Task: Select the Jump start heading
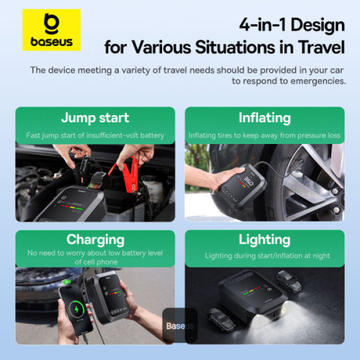tap(95, 118)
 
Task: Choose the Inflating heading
tap(264, 118)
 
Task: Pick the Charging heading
tap(95, 239)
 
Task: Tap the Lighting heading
tap(264, 240)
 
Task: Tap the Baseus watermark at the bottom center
tap(179, 326)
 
